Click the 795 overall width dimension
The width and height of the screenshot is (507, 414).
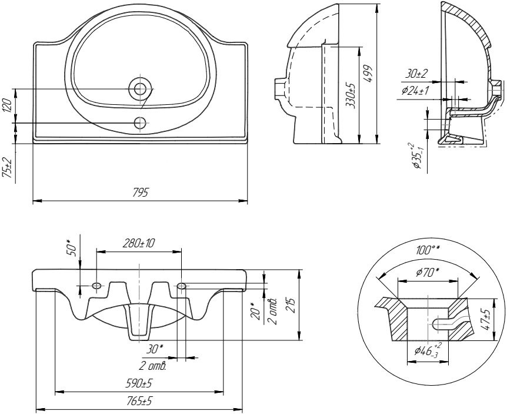click(x=142, y=193)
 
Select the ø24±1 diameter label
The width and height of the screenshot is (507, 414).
click(x=415, y=91)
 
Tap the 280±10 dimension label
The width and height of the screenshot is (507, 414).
click(x=139, y=243)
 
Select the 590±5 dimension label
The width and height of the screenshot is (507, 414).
click(x=139, y=384)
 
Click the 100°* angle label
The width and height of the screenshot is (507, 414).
click(x=428, y=250)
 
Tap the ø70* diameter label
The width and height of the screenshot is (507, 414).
click(x=428, y=272)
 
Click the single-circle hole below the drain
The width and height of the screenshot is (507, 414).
click(x=140, y=122)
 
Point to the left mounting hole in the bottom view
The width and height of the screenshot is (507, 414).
click(x=96, y=286)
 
